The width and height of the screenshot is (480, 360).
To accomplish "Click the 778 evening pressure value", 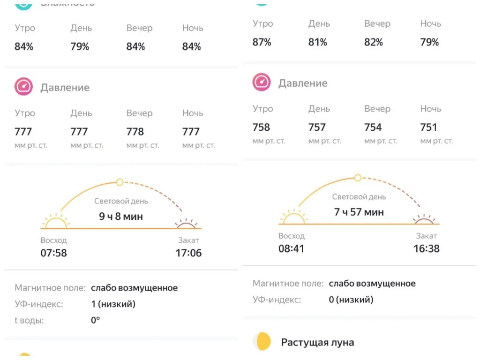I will click(x=135, y=132).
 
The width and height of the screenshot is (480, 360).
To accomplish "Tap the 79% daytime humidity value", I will click(x=80, y=46).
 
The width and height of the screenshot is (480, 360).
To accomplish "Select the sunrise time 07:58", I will click(x=53, y=253).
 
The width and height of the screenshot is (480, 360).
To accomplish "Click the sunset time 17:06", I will click(x=188, y=253).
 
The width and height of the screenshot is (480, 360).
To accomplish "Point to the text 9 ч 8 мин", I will click(x=121, y=217).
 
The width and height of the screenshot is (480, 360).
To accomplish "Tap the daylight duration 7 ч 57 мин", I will click(x=359, y=212).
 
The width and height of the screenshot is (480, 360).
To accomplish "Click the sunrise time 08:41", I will click(x=291, y=248).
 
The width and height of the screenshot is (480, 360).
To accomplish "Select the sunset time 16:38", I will click(x=427, y=248).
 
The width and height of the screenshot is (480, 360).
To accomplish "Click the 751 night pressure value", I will click(x=428, y=127).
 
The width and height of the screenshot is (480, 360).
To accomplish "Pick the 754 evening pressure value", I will click(x=373, y=127).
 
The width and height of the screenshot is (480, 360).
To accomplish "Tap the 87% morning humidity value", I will click(x=262, y=42).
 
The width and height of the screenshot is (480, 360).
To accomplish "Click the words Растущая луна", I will click(x=317, y=342).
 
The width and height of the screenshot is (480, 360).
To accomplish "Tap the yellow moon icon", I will click(x=262, y=342).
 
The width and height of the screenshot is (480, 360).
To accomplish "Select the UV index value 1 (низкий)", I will click(x=113, y=304).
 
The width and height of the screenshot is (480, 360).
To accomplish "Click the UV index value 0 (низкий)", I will click(x=351, y=300).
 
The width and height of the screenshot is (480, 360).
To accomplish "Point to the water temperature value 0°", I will click(x=96, y=321).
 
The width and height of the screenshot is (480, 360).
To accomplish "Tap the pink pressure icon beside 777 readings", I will click(x=23, y=87).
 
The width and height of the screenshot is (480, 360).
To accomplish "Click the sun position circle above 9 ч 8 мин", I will click(x=120, y=182).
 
